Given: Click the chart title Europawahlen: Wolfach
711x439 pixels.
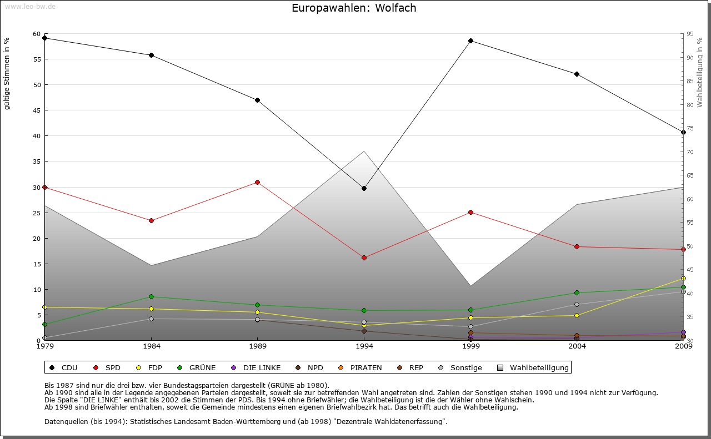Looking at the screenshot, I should [354, 8].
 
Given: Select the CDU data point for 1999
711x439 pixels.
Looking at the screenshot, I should [470, 41].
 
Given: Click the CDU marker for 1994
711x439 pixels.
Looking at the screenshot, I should [364, 188].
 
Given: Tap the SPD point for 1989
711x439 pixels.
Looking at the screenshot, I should [257, 182].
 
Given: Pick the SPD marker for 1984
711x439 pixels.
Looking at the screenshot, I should [151, 220].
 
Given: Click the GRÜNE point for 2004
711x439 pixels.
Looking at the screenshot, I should [577, 292].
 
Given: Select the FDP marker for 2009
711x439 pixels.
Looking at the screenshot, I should [683, 278].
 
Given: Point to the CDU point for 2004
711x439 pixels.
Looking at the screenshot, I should [577, 74].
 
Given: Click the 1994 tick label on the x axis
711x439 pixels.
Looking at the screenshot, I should [364, 346].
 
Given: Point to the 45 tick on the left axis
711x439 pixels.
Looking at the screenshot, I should [37, 110].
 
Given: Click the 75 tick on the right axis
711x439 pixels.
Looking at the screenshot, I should [690, 128].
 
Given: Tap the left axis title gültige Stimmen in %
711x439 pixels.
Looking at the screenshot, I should [7, 73].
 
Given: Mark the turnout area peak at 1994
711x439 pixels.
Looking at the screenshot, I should [364, 152].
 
